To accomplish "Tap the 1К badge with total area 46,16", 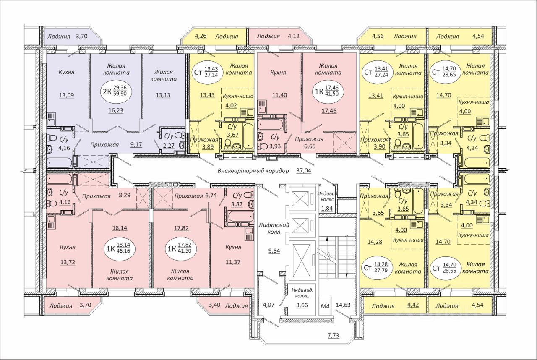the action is (x=117, y=248).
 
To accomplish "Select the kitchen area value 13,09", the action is (x=67, y=95).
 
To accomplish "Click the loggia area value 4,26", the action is (x=201, y=36).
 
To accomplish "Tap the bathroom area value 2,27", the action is (x=169, y=146).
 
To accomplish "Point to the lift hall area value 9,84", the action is (x=274, y=251).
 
